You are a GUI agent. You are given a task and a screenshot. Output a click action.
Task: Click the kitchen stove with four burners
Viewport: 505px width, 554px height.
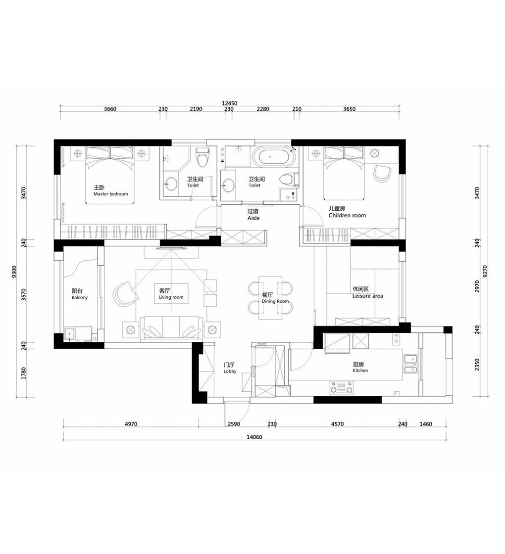(341, 388)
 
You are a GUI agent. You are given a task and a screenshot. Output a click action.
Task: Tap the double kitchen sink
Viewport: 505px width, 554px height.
(410, 364)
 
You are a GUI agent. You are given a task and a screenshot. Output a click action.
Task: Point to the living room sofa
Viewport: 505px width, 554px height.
(171, 328)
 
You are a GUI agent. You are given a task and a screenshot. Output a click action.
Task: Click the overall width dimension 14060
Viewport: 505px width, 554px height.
(254, 437)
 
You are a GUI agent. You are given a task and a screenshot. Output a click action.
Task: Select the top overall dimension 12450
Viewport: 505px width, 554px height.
(230, 103)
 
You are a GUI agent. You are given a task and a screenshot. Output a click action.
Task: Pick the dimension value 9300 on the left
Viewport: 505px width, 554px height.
(14, 272)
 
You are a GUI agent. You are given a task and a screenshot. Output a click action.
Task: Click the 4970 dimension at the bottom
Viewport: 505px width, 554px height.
(131, 424)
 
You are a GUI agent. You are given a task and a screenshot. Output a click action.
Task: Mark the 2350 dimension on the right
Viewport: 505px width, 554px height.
(477, 365)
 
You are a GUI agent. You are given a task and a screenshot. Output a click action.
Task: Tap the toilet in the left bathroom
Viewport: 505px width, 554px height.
(202, 156)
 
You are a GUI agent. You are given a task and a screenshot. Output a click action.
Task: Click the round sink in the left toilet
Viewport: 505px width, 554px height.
(171, 184)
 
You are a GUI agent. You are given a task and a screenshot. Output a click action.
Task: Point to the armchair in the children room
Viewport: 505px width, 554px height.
(382, 174)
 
